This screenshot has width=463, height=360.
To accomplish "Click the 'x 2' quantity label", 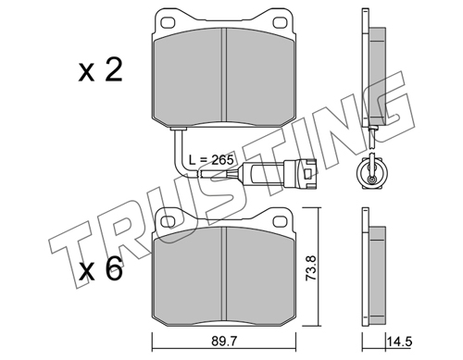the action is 100,70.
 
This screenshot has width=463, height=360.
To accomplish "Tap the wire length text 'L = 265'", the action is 210,160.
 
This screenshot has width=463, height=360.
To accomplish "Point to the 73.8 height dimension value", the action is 311,267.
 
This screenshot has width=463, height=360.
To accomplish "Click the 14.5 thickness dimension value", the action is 399,341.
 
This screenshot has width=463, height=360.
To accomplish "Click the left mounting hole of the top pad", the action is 169,22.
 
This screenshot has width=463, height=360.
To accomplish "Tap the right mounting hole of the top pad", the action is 280,22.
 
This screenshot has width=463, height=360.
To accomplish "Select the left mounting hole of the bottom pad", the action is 169,221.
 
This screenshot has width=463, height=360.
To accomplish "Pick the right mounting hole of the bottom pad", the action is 280,221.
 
